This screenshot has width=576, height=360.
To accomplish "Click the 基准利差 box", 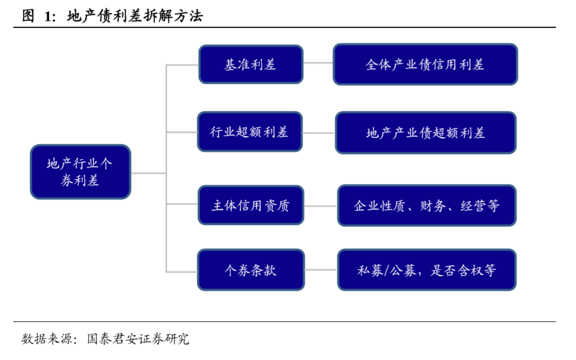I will click(250, 64).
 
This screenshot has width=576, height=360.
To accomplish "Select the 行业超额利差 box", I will click(249, 132).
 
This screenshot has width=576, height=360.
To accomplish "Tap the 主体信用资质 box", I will click(250, 205).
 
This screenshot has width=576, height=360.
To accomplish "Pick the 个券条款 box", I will click(250, 270).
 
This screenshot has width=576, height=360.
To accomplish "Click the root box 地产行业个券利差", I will click(80, 172).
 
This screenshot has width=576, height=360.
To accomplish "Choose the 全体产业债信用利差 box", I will click(424, 64).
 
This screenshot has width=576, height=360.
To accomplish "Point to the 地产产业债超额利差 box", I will click(425, 133).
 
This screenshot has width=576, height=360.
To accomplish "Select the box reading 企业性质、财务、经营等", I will click(426, 205).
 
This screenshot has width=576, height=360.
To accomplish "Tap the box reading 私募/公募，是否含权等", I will click(426, 270).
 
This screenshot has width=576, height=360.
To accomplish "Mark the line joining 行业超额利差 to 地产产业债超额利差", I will click(319, 133).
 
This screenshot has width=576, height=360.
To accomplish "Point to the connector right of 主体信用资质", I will click(320, 205).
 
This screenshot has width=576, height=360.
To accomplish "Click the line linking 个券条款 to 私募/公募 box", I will click(320, 270).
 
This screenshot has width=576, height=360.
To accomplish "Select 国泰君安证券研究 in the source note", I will click(138, 339).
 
